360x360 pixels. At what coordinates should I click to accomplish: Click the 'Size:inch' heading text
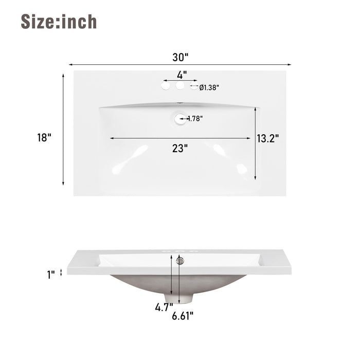click(59, 22)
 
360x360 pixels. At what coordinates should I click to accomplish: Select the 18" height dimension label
click(44, 137)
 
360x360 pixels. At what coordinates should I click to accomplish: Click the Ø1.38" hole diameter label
click(209, 87)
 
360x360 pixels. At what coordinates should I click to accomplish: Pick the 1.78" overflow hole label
click(195, 118)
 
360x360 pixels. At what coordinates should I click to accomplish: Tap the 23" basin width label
click(180, 148)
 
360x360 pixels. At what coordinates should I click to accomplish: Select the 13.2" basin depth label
click(268, 138)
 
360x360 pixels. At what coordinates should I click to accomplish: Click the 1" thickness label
click(50, 275)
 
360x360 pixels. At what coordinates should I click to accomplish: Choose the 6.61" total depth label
click(183, 316)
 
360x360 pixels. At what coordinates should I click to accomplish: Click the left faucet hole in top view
click(166, 86)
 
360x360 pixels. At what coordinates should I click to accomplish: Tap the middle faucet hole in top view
click(180, 86)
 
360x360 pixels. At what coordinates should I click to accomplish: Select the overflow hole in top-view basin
click(179, 119)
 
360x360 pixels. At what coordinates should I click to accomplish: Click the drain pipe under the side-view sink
click(175, 298)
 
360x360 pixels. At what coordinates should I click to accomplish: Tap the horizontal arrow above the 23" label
click(179, 138)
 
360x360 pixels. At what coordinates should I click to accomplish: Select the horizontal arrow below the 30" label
click(180, 64)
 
